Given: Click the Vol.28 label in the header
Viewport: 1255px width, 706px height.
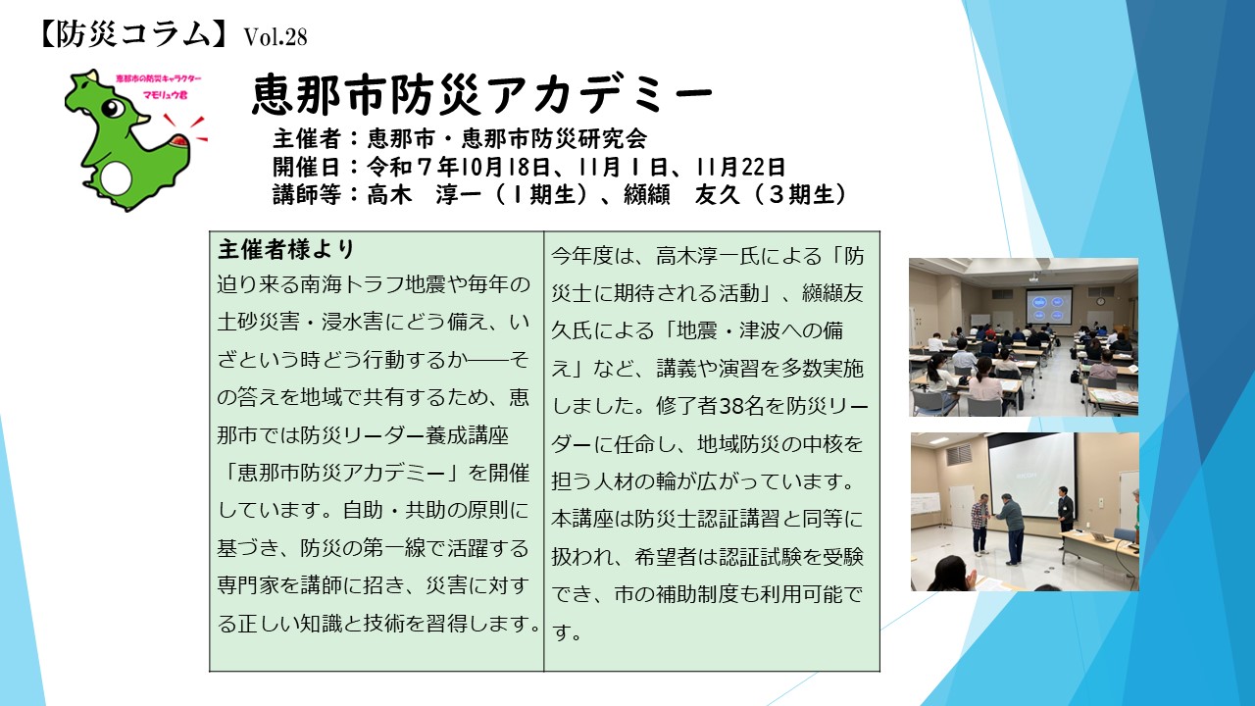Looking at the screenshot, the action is click(x=276, y=37).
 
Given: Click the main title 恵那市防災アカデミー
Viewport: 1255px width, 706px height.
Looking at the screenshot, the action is click(x=481, y=95).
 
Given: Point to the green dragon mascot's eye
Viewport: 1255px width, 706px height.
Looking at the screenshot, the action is click(x=115, y=108).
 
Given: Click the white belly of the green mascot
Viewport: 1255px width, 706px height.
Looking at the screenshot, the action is click(x=117, y=178).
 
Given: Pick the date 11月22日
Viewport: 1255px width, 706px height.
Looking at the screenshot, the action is click(x=740, y=167).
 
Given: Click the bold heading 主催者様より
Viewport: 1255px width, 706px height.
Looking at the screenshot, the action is click(x=286, y=249).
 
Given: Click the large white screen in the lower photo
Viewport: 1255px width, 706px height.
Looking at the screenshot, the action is click(x=1032, y=476).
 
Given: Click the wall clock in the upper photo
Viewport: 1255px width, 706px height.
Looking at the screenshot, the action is click(x=1100, y=301).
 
